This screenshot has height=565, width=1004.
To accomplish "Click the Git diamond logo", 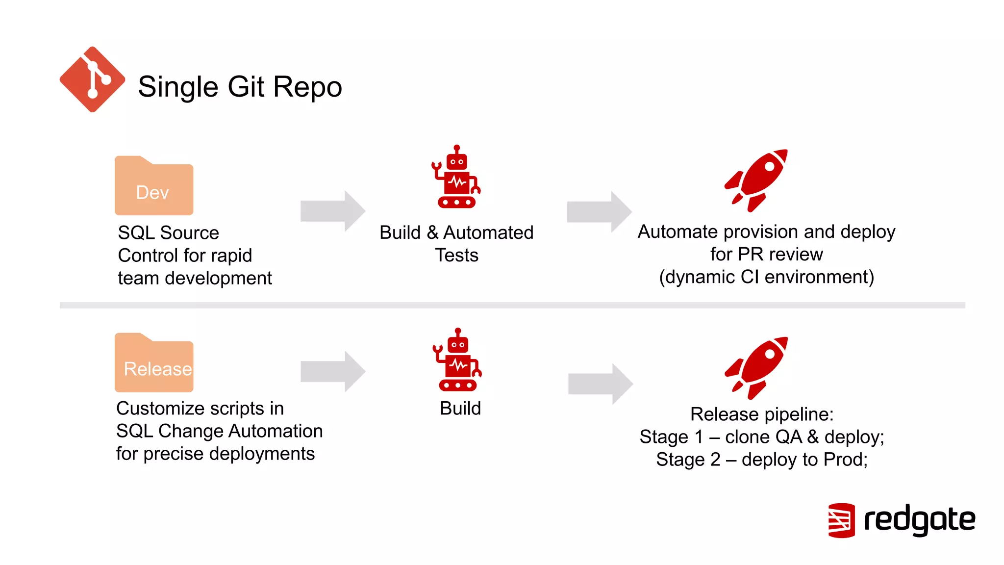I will click(x=92, y=79).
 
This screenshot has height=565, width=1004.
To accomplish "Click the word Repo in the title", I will click(x=307, y=87).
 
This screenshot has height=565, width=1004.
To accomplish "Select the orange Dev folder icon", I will click(x=154, y=187).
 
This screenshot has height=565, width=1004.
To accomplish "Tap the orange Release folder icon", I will click(x=154, y=364).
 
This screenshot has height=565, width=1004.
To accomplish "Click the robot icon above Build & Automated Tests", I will click(x=456, y=178).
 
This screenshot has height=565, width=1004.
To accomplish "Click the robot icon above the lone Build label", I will click(x=457, y=360).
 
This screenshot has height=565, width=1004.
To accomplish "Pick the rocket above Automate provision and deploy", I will click(x=756, y=180).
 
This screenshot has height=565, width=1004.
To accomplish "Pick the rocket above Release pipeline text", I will click(x=756, y=367).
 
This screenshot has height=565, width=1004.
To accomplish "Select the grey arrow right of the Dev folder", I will click(x=333, y=211).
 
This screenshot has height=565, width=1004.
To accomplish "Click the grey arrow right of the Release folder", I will click(x=333, y=371).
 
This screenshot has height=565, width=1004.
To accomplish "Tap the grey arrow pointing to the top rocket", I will click(x=599, y=212).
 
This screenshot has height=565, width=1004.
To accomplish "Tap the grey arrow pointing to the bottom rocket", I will click(x=600, y=384).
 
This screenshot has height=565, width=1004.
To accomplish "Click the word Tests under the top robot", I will click(x=456, y=256).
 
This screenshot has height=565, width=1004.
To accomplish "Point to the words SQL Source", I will click(x=168, y=233).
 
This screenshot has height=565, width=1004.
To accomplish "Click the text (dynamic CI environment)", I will click(x=766, y=277).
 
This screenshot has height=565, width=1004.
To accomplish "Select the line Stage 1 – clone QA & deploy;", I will click(x=762, y=437).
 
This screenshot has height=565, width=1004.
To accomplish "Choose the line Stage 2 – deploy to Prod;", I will click(x=762, y=460).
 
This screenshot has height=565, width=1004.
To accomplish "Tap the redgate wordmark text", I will click(x=919, y=520).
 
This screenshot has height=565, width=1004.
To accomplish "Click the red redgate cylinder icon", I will click(x=841, y=520).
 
